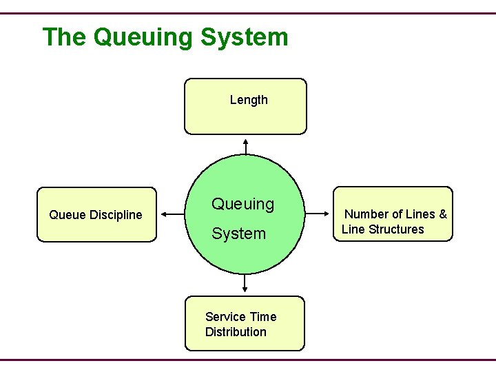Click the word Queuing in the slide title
click(x=143, y=37)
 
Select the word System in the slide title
click(x=245, y=37)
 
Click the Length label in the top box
click(x=249, y=100)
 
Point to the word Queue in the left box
click(x=68, y=215)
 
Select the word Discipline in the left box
click(x=116, y=215)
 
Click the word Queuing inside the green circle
click(x=242, y=205)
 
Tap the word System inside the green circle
click(x=238, y=234)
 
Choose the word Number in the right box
click(x=366, y=214)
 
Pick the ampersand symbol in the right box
click(x=442, y=214)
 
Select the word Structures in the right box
click(x=396, y=229)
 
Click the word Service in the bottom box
click(x=225, y=317)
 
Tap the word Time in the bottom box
click(x=263, y=317)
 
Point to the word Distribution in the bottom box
click(x=236, y=332)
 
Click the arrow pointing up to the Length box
click(x=246, y=145)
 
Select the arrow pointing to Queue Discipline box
click(x=173, y=214)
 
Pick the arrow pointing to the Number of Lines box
click(x=318, y=214)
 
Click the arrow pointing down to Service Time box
click(x=245, y=283)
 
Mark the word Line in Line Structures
click(x=353, y=229)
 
